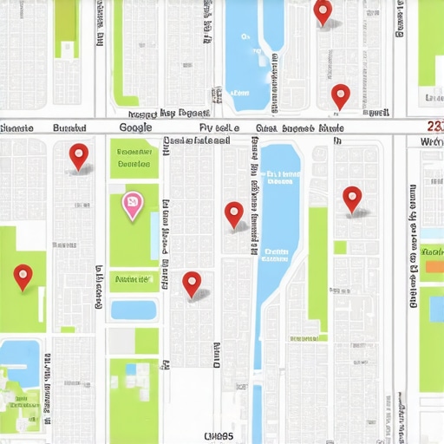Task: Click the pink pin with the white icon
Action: (132, 205)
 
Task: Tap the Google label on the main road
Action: (134, 127)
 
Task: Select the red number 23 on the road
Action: (435, 127)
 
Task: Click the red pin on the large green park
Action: (23, 276)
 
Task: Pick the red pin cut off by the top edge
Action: (323, 11)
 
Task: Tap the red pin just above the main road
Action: (340, 95)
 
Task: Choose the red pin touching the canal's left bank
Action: (234, 213)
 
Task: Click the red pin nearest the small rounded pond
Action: (192, 283)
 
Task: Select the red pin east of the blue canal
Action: (351, 199)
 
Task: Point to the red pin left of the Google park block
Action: (79, 155)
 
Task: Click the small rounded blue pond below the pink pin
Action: (134, 310)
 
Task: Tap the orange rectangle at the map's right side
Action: (432, 266)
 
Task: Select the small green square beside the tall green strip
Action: (340, 247)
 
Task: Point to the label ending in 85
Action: (219, 435)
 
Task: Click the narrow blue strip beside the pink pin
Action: (153, 234)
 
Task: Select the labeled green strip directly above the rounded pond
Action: (134, 279)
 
